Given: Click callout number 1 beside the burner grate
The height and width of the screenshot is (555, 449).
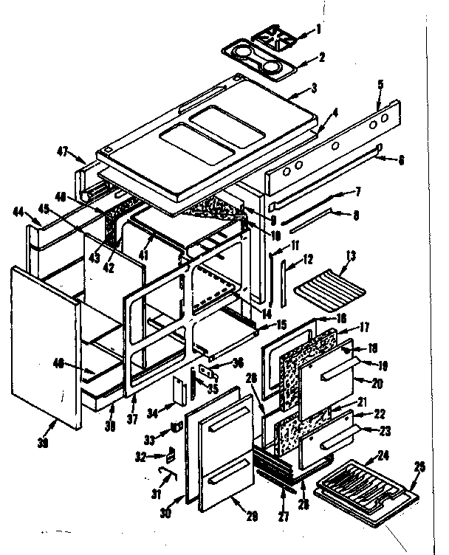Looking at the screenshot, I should [319, 30].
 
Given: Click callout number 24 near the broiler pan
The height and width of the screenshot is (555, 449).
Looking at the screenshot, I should [383, 455].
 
